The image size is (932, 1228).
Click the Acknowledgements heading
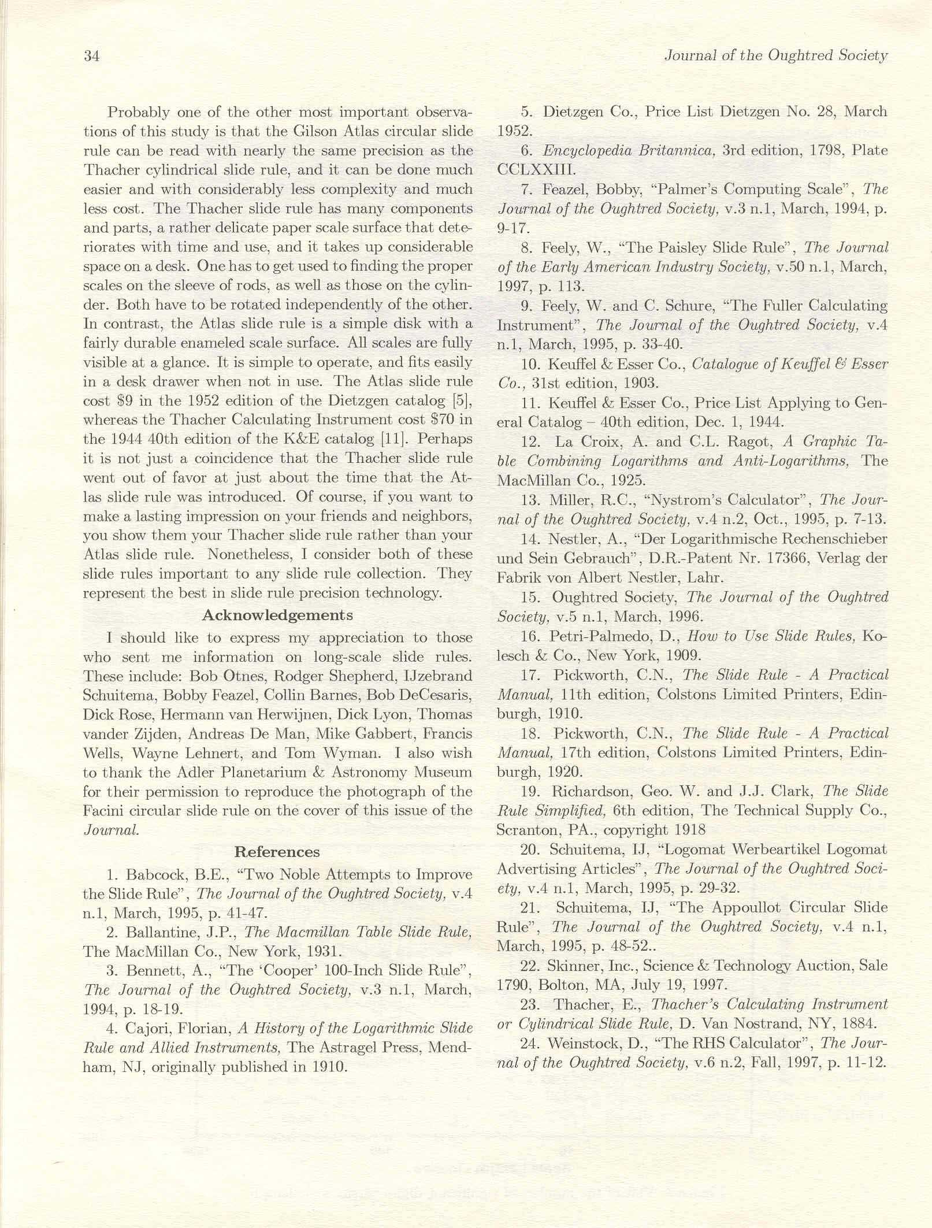click(277, 615)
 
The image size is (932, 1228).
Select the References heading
click(277, 852)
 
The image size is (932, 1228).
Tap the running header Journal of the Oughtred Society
click(775, 55)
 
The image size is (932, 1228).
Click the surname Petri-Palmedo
click(610, 636)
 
